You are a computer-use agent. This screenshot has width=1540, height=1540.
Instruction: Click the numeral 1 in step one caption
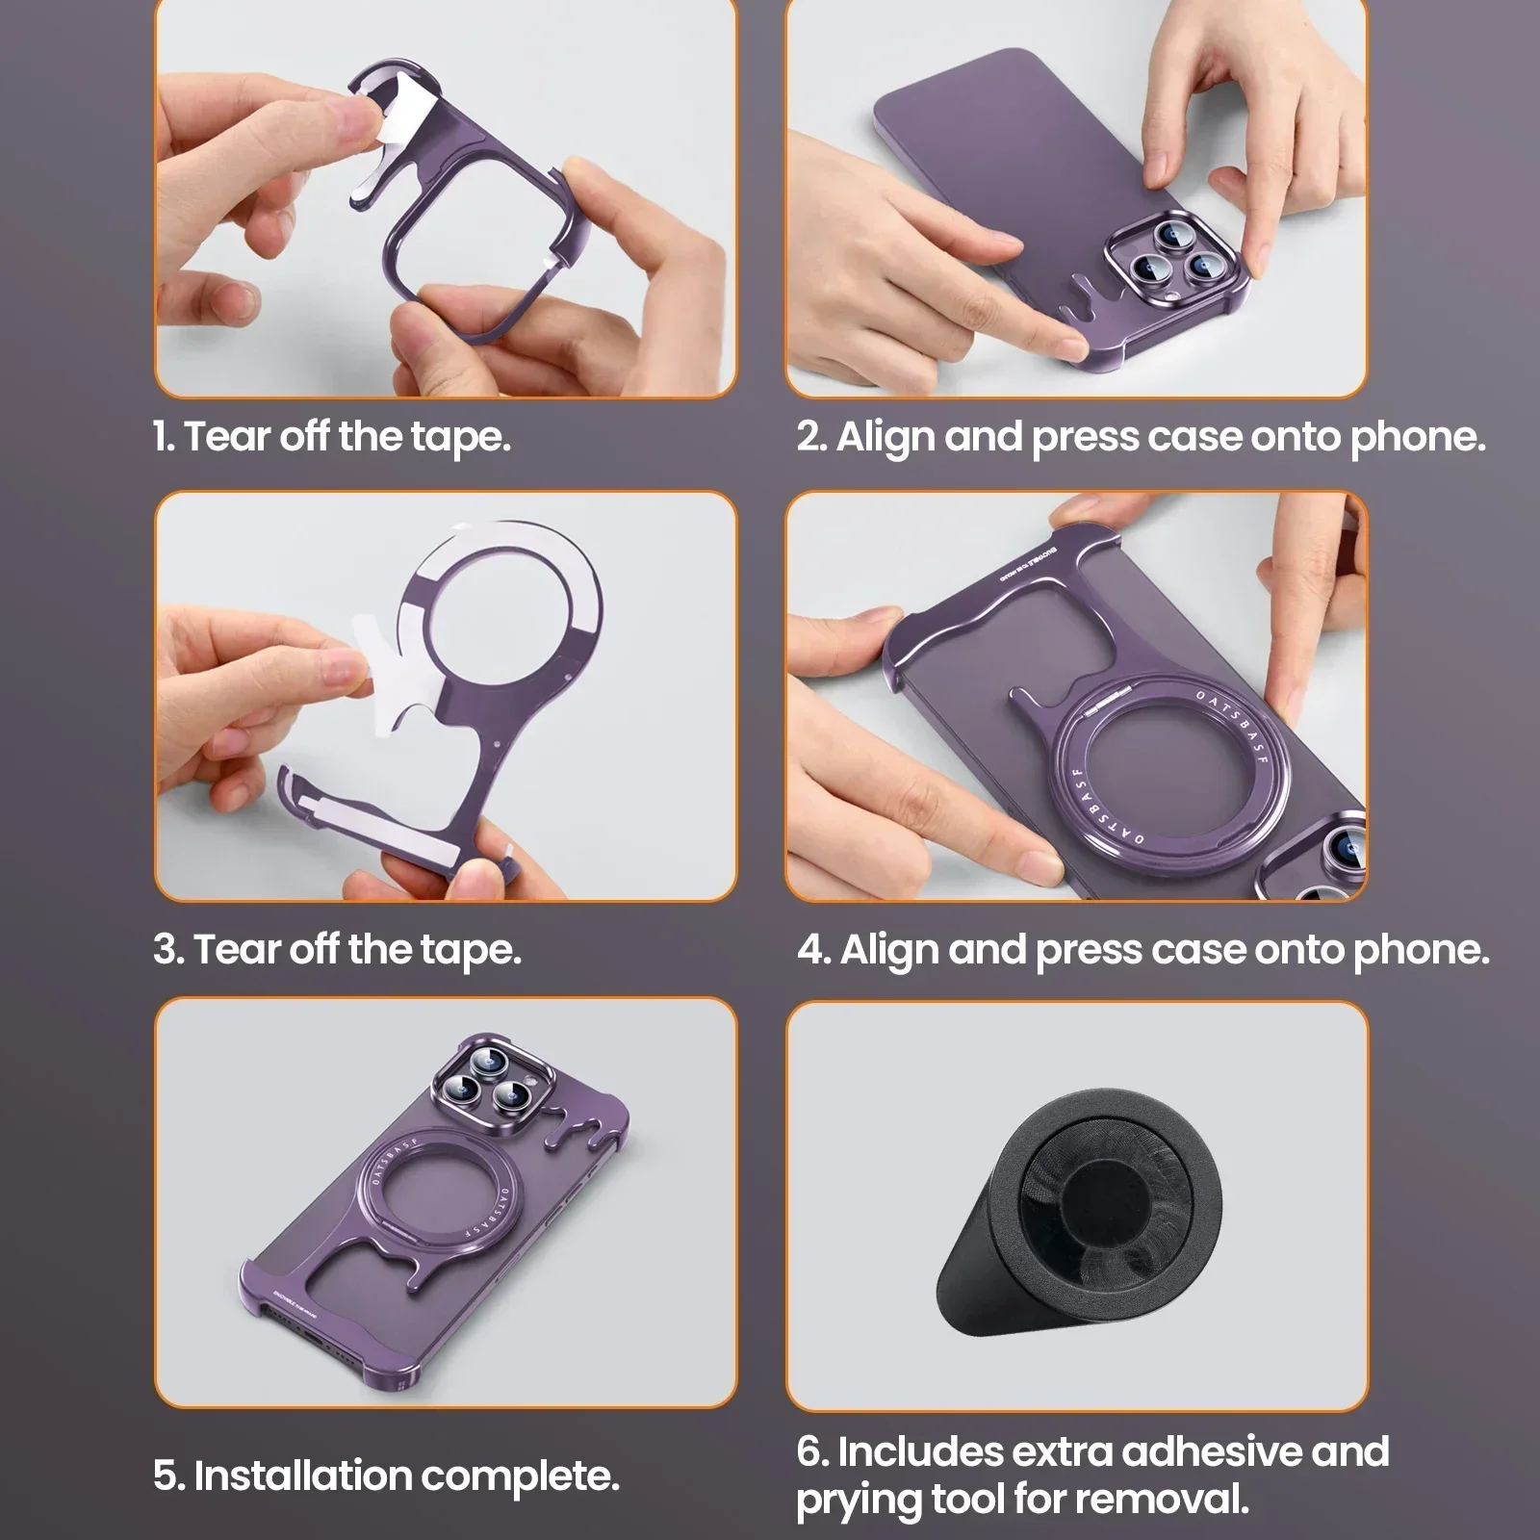click(x=162, y=437)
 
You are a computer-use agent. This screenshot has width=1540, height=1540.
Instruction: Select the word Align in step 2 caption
click(x=885, y=438)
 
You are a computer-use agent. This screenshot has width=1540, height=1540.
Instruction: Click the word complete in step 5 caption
click(x=520, y=1476)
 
